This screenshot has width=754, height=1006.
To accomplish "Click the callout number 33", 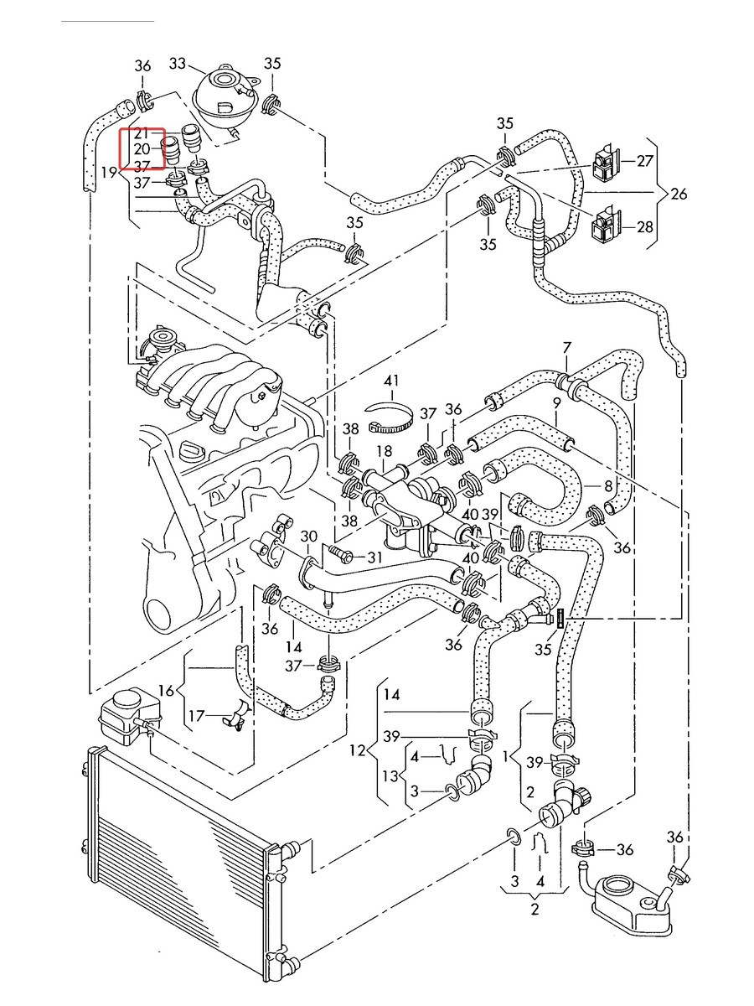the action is point(178,63).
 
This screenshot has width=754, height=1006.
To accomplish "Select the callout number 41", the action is point(391,381).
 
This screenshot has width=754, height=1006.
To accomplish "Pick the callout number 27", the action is point(644,161).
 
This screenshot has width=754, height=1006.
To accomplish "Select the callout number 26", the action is point(679,194).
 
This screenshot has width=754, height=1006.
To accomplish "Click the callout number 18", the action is point(385,451).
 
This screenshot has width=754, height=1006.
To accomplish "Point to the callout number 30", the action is point(309,537).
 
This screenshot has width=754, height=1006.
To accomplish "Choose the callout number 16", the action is point(167,690).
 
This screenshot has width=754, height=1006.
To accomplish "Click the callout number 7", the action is point(567,348).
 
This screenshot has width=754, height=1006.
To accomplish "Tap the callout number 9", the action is point(556,404).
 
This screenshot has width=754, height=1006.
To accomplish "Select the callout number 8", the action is point(608,485).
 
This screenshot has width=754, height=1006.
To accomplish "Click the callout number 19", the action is point(109,173).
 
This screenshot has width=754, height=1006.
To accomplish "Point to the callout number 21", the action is point(141,133).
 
